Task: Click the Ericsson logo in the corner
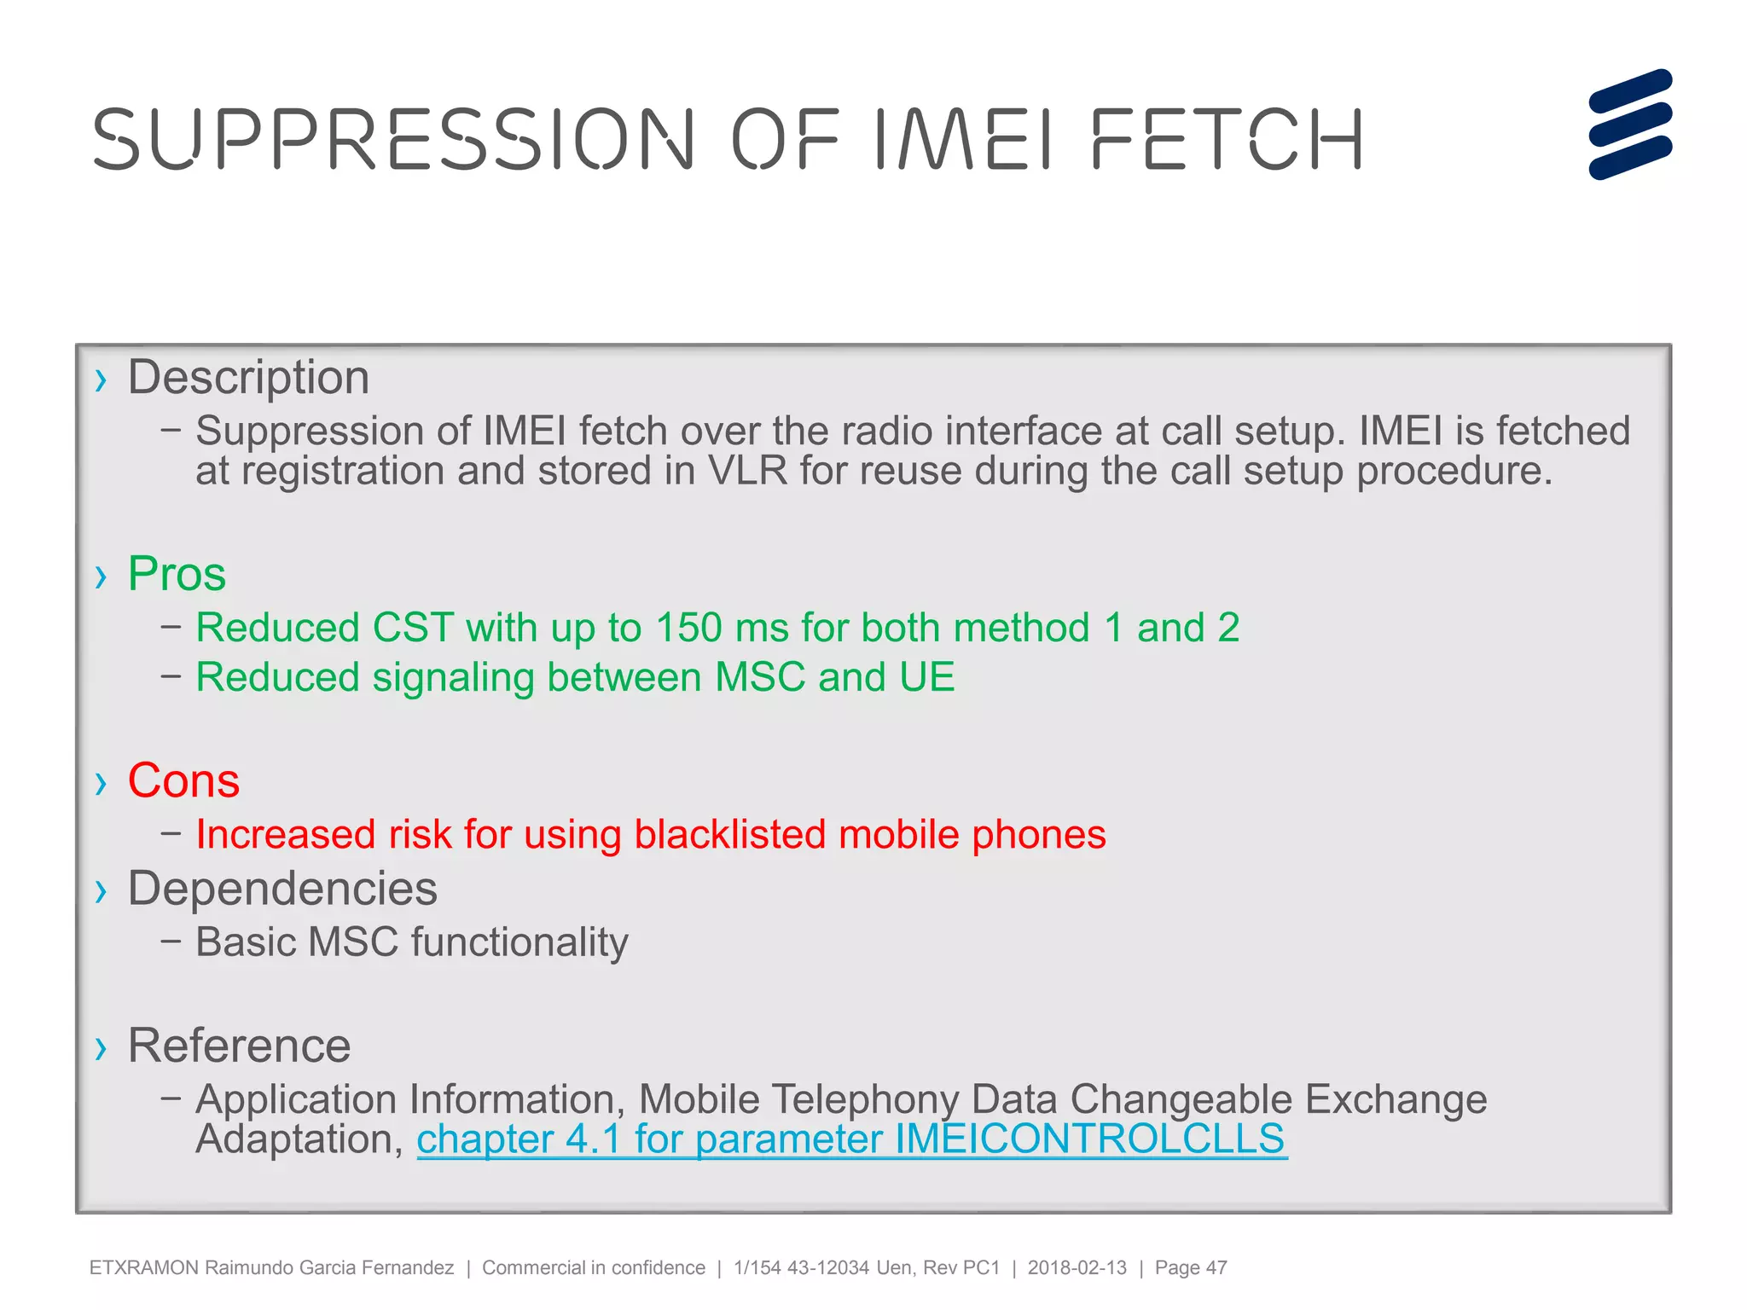pos(1629,125)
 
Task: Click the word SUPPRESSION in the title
pos(393,139)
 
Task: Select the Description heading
pos(248,378)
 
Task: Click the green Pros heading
pos(177,574)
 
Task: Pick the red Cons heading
pos(183,781)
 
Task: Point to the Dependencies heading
pos(282,890)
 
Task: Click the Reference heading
pos(239,1046)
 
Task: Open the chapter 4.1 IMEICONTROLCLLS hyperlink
pos(850,1139)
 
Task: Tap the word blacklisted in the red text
pos(729,835)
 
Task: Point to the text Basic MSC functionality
pos(412,943)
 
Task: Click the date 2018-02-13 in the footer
pos(1077,1268)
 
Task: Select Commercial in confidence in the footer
pos(594,1268)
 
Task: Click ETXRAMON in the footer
pos(143,1268)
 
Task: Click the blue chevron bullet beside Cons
pos(102,783)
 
